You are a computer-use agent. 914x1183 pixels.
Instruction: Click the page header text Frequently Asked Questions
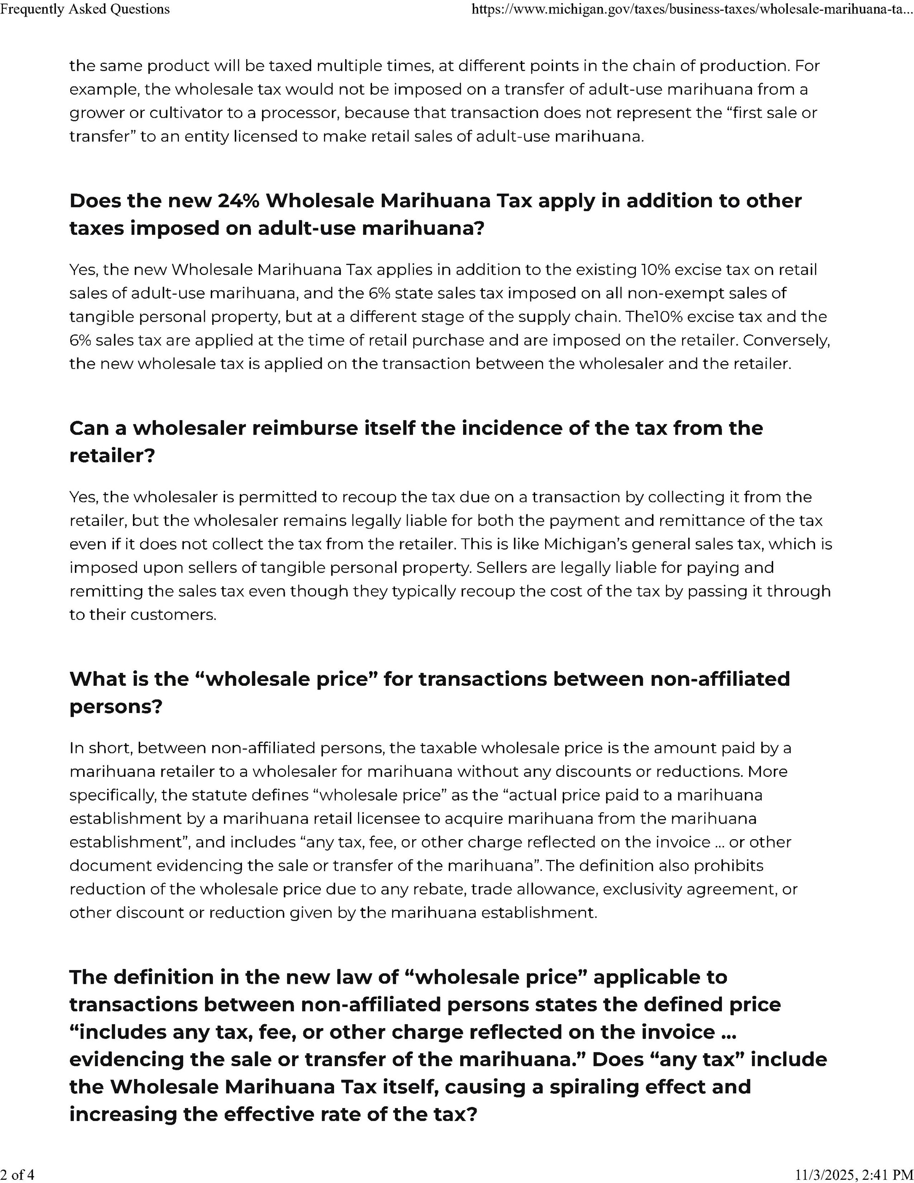tap(85, 9)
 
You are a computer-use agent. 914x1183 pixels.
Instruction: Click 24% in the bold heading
tap(238, 201)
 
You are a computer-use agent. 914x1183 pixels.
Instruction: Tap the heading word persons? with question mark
tap(116, 707)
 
